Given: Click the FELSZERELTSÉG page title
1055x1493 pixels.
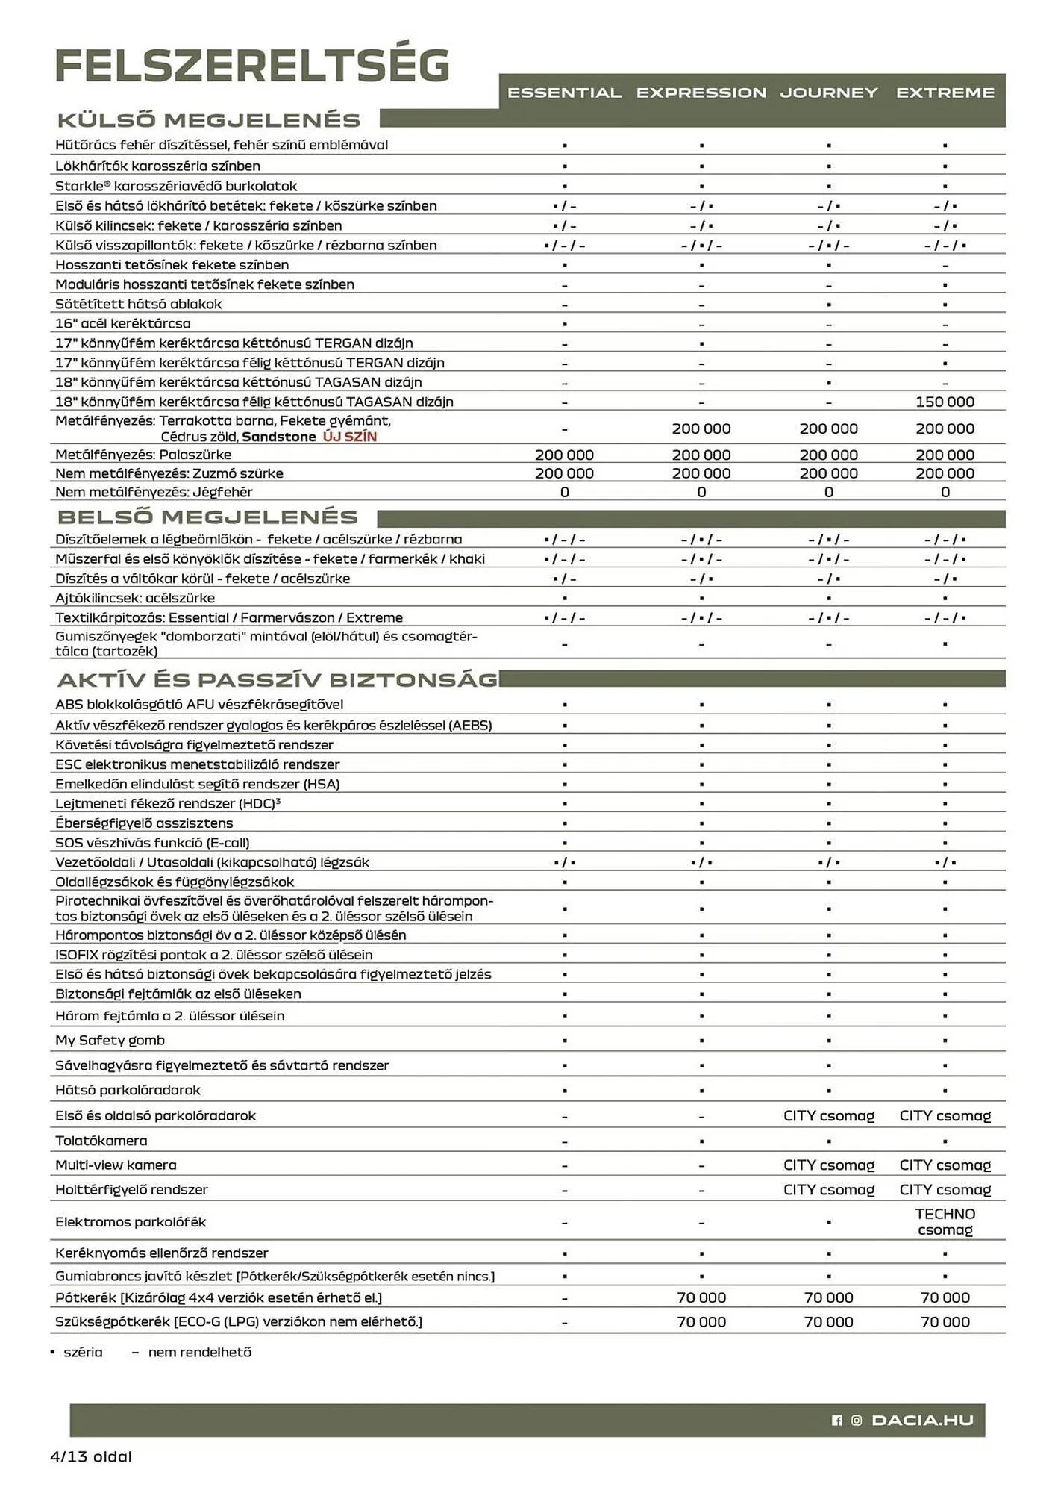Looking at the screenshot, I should pos(252,66).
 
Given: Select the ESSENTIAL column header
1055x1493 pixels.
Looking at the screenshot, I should pos(564,93).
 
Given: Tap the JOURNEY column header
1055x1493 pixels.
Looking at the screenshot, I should pos(828,93).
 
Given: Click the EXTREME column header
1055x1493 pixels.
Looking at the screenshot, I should pos(945,93).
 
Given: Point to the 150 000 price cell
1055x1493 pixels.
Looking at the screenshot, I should pos(945,402).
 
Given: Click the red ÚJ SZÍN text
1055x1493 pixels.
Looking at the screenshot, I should pos(349,437).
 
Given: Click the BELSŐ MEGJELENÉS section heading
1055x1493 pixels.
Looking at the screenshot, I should pos(207,517).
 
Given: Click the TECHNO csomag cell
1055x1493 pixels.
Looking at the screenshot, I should pos(945,1221).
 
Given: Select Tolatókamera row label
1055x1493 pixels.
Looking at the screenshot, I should pos(101,1140).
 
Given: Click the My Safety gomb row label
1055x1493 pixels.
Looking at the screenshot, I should pos(110,1040).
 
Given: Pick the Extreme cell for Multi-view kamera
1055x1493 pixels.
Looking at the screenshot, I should pos(945,1165).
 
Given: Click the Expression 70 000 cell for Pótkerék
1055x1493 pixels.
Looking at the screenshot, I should pos(701,1297).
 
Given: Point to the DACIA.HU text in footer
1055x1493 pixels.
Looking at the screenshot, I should pos(922,1420).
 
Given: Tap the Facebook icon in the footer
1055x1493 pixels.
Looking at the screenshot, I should pos(836,1421).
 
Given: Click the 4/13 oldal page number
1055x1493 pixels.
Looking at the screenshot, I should pos(90,1456).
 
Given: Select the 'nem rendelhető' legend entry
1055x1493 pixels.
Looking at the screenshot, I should pos(199,1352).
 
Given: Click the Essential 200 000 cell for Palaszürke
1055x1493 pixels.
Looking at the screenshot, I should pos(564,455).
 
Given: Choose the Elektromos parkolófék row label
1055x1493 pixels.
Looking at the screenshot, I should pos(131,1221).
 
